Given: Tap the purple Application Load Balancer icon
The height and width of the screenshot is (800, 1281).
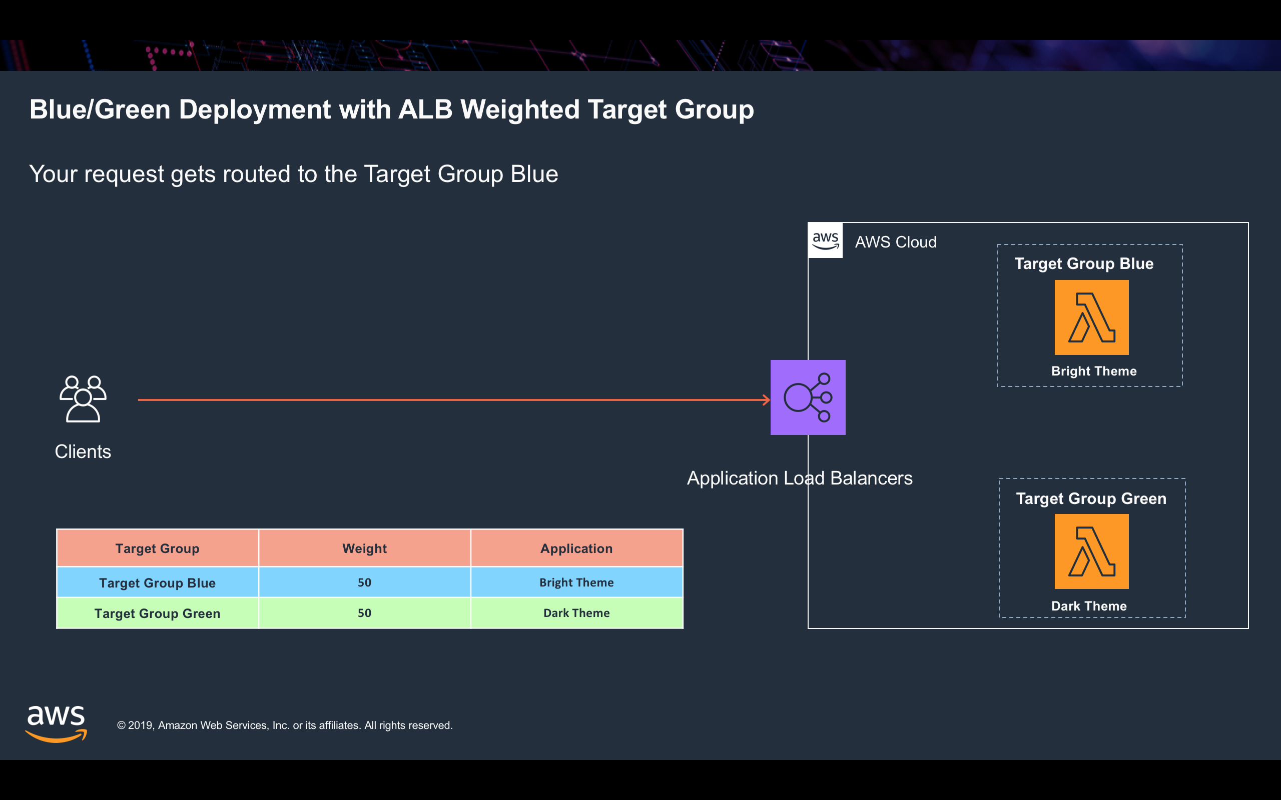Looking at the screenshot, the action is [x=808, y=397].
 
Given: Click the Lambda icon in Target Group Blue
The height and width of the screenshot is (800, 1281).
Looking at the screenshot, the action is [x=1091, y=317].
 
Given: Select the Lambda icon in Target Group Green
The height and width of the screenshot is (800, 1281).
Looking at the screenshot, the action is [x=1091, y=551].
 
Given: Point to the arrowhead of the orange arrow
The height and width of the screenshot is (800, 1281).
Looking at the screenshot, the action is [x=768, y=400].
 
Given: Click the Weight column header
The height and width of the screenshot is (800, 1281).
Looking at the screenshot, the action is [x=365, y=548].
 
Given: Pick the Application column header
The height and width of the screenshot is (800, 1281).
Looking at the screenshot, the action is [x=576, y=548].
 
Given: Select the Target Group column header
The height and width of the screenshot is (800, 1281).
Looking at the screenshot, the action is [x=157, y=548].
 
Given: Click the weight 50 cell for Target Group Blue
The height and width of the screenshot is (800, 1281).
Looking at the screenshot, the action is [x=365, y=582].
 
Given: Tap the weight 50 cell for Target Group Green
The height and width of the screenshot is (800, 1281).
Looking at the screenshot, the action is [x=365, y=613].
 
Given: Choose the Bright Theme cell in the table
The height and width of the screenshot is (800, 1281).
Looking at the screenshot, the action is [x=576, y=582].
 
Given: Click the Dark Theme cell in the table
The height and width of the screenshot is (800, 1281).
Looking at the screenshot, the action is [x=576, y=613].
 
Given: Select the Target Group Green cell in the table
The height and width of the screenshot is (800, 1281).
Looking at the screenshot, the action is [x=157, y=613].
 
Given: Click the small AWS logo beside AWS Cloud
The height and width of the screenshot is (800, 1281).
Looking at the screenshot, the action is [x=825, y=240].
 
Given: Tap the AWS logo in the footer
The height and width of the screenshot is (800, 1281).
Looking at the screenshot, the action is [x=56, y=724].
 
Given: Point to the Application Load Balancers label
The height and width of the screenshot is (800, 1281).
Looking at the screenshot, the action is [x=800, y=478].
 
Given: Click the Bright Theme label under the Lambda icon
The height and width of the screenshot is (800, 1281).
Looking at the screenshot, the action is [x=1094, y=371].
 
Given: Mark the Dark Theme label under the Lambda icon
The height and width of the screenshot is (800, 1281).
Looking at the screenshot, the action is [x=1089, y=606].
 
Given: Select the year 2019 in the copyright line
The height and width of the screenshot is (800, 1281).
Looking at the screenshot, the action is [x=141, y=725].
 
